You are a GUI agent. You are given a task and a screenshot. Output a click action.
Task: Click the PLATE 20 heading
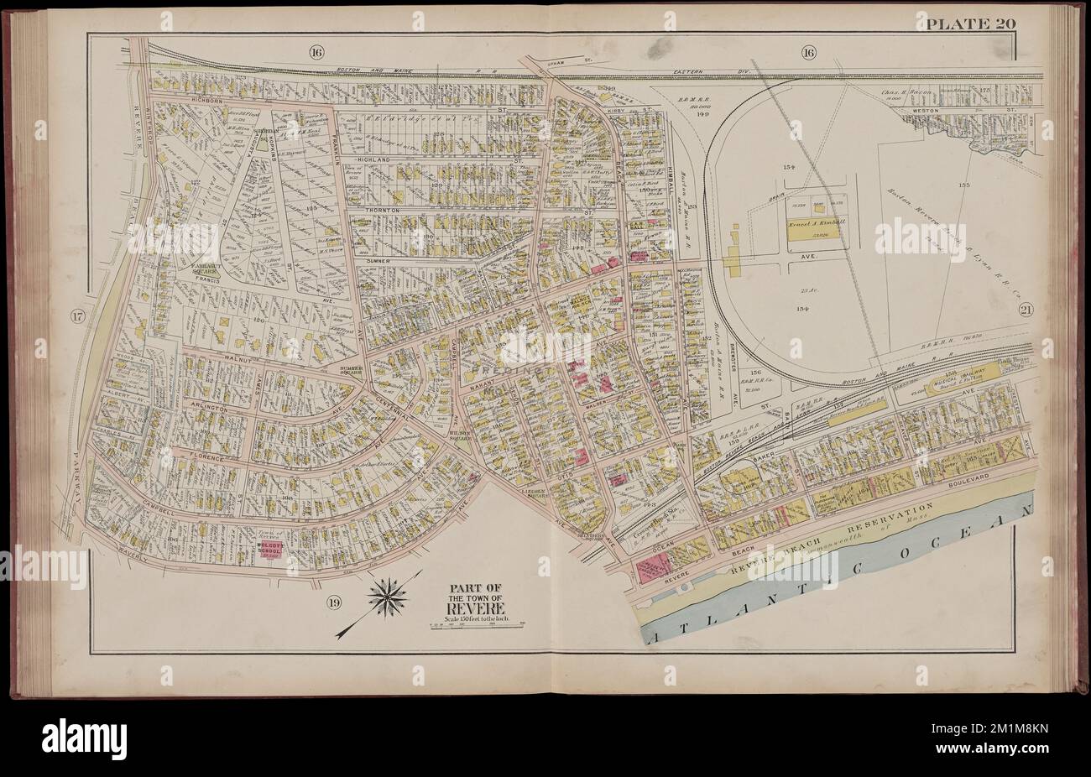click(x=971, y=23)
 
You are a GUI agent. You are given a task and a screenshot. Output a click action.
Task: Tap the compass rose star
click(x=388, y=597)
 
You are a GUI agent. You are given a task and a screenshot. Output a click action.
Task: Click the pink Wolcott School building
click(x=267, y=555)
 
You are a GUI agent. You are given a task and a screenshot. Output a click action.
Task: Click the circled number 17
click(x=77, y=316)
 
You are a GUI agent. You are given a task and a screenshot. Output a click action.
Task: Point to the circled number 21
click(x=1026, y=310)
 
